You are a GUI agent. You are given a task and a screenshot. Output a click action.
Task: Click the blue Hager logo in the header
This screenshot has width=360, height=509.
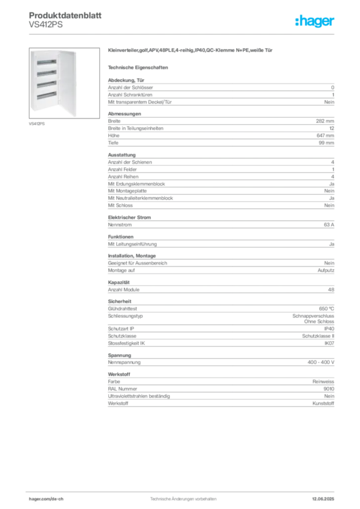(316, 21)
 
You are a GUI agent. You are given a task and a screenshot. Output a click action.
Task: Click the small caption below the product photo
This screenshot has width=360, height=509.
(38, 124)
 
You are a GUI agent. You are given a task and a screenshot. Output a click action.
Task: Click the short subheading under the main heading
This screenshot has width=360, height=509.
(139, 67)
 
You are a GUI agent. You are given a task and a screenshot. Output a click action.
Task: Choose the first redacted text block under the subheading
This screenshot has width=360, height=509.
(220, 91)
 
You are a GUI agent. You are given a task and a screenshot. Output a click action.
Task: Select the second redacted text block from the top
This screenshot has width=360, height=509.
(220, 129)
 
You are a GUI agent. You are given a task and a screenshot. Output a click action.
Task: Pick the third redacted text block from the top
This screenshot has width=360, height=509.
(220, 181)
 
